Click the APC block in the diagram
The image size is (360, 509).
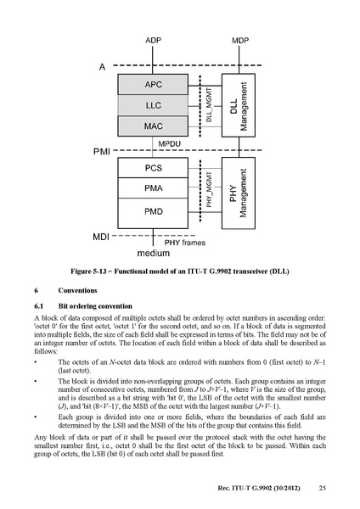pos(153,84)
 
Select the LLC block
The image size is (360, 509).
pos(153,105)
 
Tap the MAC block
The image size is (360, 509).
pos(153,126)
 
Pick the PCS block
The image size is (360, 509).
pos(153,168)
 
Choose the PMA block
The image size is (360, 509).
pos(153,188)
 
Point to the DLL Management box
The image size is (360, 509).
pos(239,105)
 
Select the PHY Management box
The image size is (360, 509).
pos(239,193)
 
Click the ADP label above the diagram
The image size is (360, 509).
pos(153,40)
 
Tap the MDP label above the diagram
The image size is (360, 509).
pos(240,40)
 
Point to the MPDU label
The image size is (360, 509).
pos(169,144)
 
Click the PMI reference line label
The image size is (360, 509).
pos(102,152)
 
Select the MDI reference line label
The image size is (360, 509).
pos(101,237)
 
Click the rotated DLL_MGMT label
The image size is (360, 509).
pos(209,105)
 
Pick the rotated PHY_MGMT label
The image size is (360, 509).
pos(209,189)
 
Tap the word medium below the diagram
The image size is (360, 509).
pos(154,253)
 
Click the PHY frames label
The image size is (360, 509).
pos(185,243)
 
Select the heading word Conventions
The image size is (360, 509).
pos(77,290)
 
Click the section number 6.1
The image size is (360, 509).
pos(39,306)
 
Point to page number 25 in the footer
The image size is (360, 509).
pos(323,488)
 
